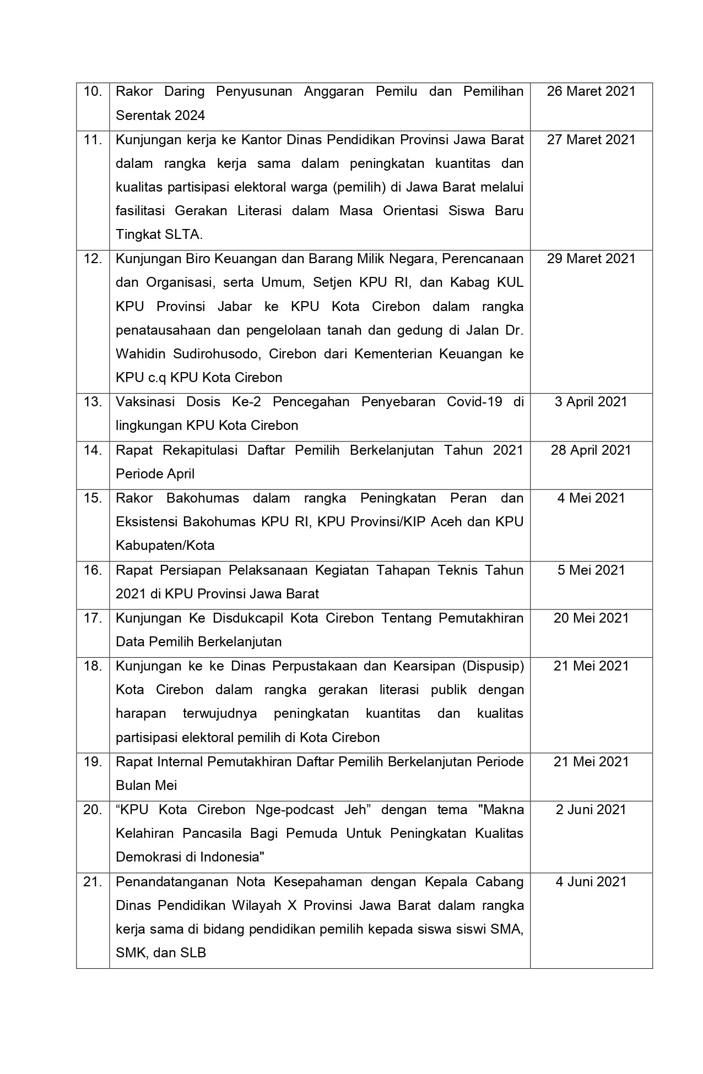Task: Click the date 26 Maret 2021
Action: pos(591,91)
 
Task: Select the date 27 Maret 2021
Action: pos(591,140)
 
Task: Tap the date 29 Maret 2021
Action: pos(591,259)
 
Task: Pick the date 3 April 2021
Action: pos(591,402)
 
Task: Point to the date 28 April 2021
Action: pos(591,450)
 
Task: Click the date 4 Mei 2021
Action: pos(591,498)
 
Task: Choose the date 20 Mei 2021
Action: pos(591,618)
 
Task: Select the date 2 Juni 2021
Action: pos(591,810)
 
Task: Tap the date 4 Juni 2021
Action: pos(591,882)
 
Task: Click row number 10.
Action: pos(93,91)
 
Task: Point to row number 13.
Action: pos(93,402)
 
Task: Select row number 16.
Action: pos(93,570)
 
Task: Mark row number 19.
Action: pos(93,762)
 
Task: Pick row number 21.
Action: pos(93,882)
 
